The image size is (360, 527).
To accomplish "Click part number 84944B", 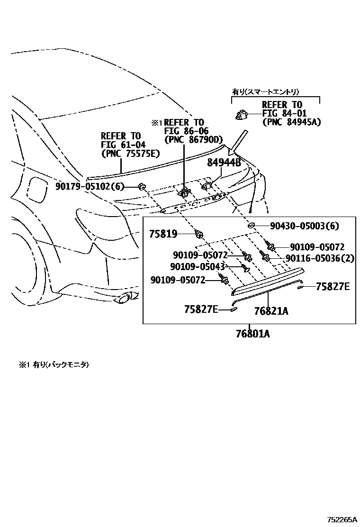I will point(224,163).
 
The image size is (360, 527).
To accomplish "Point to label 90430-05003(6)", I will point(305,226).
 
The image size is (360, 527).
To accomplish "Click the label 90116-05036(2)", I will point(320,258).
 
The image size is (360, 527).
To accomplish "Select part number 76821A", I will point(271,311).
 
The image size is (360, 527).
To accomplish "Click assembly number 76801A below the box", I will point(252,334).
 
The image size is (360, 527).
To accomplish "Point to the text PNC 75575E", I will point(130,154).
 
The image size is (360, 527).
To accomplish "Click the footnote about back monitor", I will point(54,365).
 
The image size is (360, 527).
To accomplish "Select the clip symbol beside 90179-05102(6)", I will point(141,186).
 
